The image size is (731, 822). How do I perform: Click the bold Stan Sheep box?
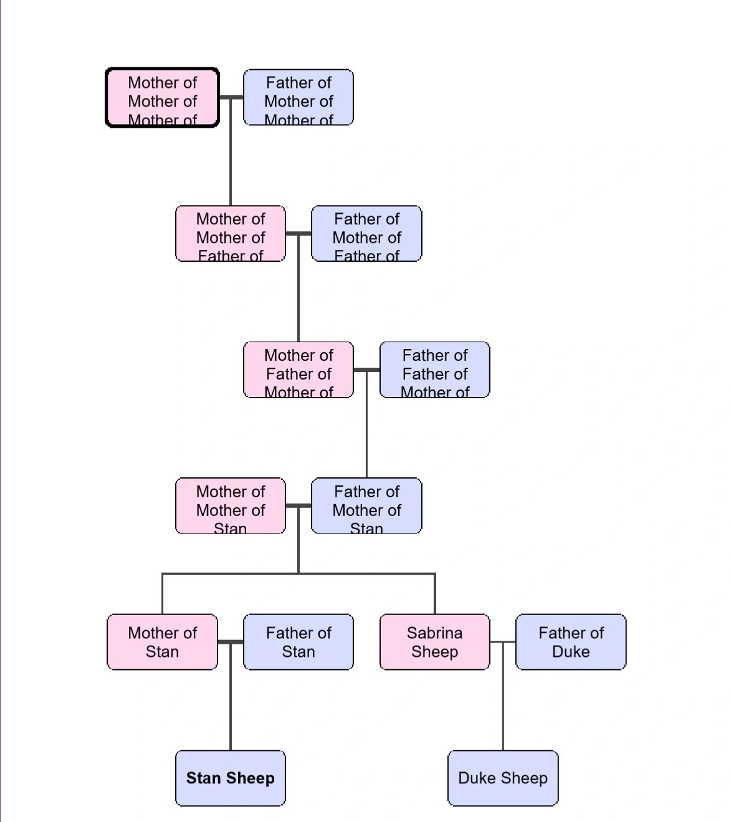(x=230, y=778)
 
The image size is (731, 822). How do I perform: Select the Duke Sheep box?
(x=502, y=778)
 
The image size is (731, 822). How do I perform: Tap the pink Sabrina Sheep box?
(x=434, y=642)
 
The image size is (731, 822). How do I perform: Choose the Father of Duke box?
(x=570, y=642)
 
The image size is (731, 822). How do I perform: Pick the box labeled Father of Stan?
(x=298, y=642)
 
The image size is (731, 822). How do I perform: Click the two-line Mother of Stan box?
(x=162, y=642)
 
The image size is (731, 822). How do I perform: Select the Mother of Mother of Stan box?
(x=230, y=505)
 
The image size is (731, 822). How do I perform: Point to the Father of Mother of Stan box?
(x=366, y=505)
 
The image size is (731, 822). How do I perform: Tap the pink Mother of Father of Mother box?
(x=298, y=370)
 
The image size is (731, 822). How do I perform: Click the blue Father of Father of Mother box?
(x=434, y=370)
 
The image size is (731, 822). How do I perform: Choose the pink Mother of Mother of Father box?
(x=230, y=233)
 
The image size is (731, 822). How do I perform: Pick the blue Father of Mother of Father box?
(x=366, y=233)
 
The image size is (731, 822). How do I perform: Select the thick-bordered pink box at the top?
(x=162, y=97)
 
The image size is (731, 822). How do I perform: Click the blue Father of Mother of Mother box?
(x=298, y=97)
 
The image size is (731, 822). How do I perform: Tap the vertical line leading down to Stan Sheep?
(x=230, y=698)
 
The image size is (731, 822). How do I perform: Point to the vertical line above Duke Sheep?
(x=502, y=698)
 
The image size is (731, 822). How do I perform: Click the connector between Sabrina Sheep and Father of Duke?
(x=502, y=642)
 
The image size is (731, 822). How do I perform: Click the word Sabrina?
(x=434, y=633)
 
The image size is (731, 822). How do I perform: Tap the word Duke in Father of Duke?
(x=570, y=652)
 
